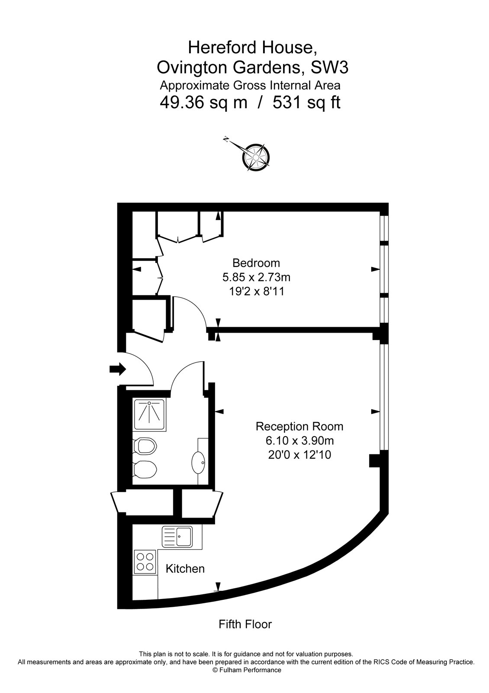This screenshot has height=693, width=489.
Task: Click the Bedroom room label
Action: click(x=256, y=263)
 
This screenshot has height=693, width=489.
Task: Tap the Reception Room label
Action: click(x=299, y=427)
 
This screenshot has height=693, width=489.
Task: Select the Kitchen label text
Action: click(x=185, y=569)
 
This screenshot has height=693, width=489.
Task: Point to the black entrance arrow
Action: click(x=117, y=369)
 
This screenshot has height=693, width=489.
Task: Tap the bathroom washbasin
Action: click(x=198, y=463)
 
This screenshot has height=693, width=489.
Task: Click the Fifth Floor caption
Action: click(x=245, y=624)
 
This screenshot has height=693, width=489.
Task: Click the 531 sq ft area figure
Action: click(x=306, y=103)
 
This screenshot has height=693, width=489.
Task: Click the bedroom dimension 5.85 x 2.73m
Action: click(x=256, y=277)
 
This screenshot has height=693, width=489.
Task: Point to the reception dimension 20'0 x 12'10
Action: click(x=299, y=455)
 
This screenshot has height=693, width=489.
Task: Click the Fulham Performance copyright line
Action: click(x=247, y=670)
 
